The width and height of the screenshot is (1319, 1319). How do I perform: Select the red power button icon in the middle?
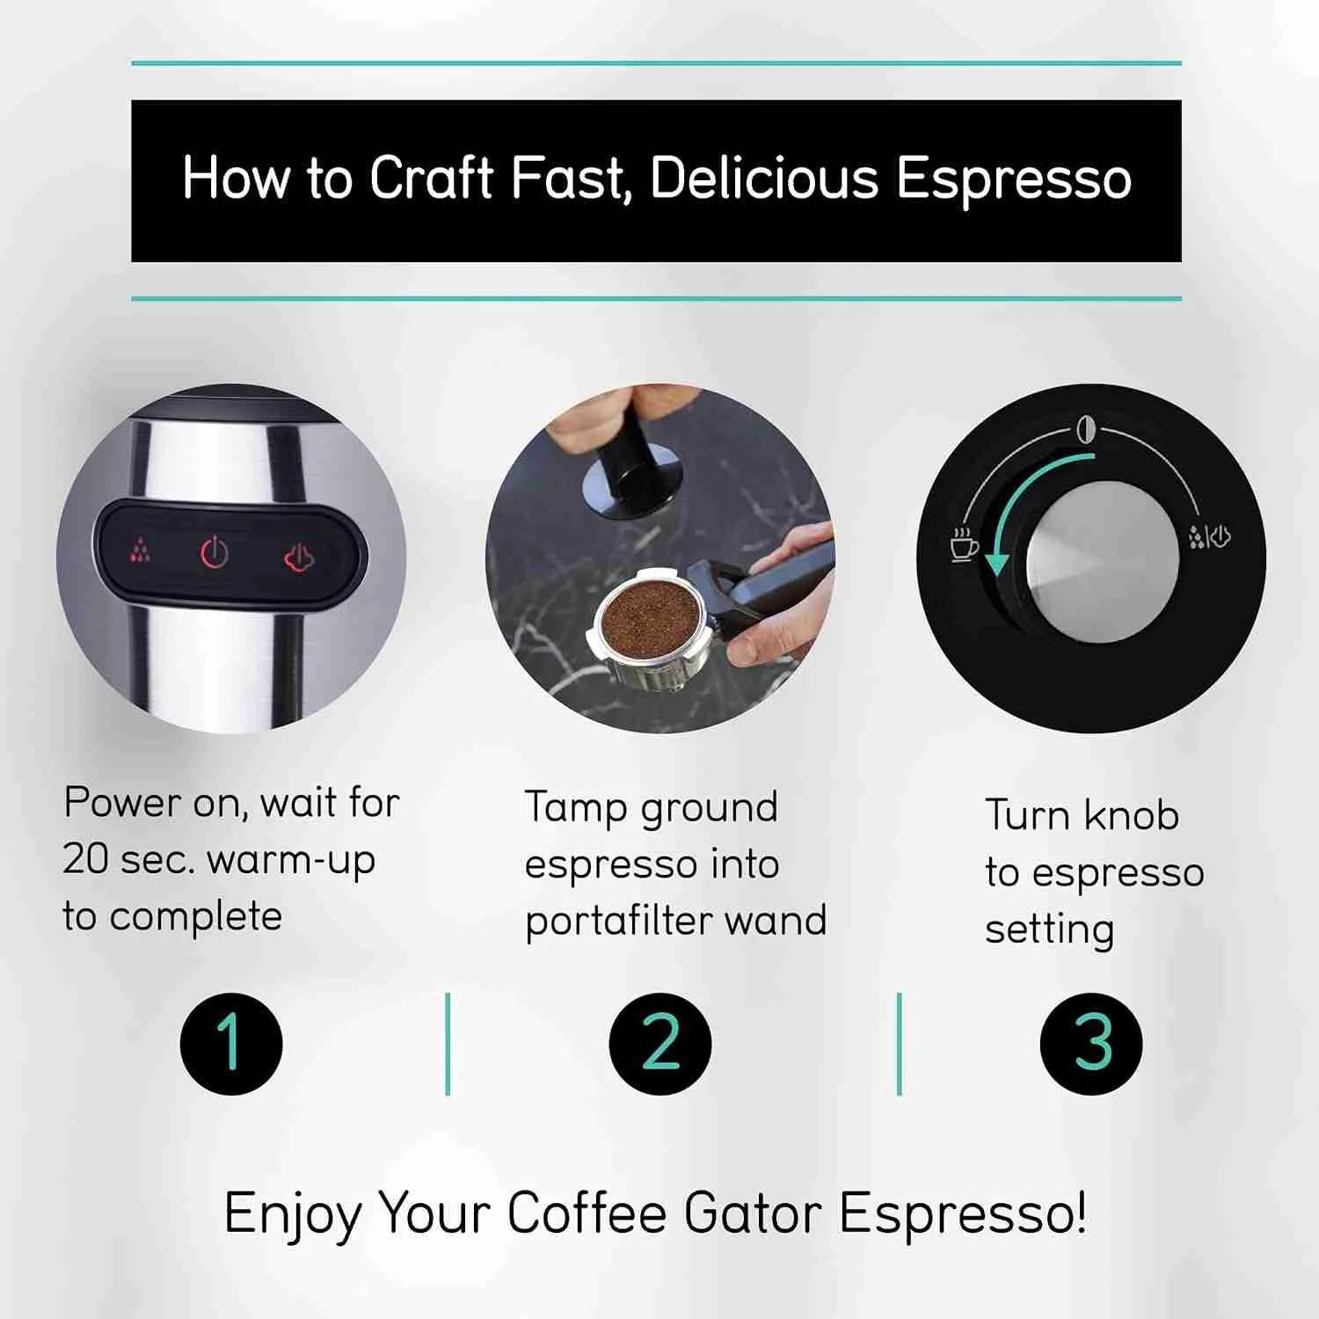tap(215, 553)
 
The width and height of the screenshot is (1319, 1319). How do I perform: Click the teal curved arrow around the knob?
tap(1020, 501)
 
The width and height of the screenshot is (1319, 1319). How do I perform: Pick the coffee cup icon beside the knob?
tap(964, 544)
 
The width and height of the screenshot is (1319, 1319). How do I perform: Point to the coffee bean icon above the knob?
tap(1087, 430)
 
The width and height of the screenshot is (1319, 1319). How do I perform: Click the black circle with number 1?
tap(231, 1043)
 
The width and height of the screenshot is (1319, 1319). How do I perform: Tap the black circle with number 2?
tap(659, 1043)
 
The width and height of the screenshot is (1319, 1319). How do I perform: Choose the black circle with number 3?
tap(1091, 1043)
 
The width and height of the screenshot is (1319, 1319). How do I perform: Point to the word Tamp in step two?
tap(575, 808)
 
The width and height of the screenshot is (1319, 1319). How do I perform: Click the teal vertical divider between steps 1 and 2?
tap(448, 1044)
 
